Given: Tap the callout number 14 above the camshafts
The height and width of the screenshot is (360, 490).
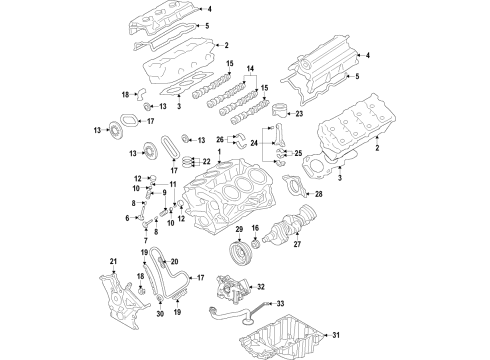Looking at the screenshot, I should point(250,69).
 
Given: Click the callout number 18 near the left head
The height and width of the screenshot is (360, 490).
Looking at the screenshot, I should point(126,95).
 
